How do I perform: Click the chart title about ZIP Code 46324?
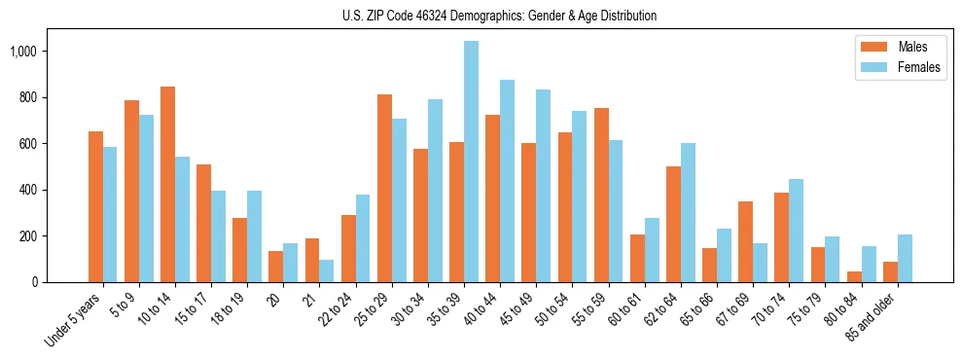pyautogui.click(x=499, y=16)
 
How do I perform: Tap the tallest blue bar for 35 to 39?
pyautogui.click(x=471, y=162)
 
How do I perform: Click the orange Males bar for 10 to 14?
pyautogui.click(x=167, y=185)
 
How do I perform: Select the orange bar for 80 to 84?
pyautogui.click(x=853, y=276)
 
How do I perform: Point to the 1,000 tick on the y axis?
pyautogui.click(x=38, y=51)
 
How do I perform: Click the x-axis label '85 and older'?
pyautogui.click(x=874, y=315)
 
